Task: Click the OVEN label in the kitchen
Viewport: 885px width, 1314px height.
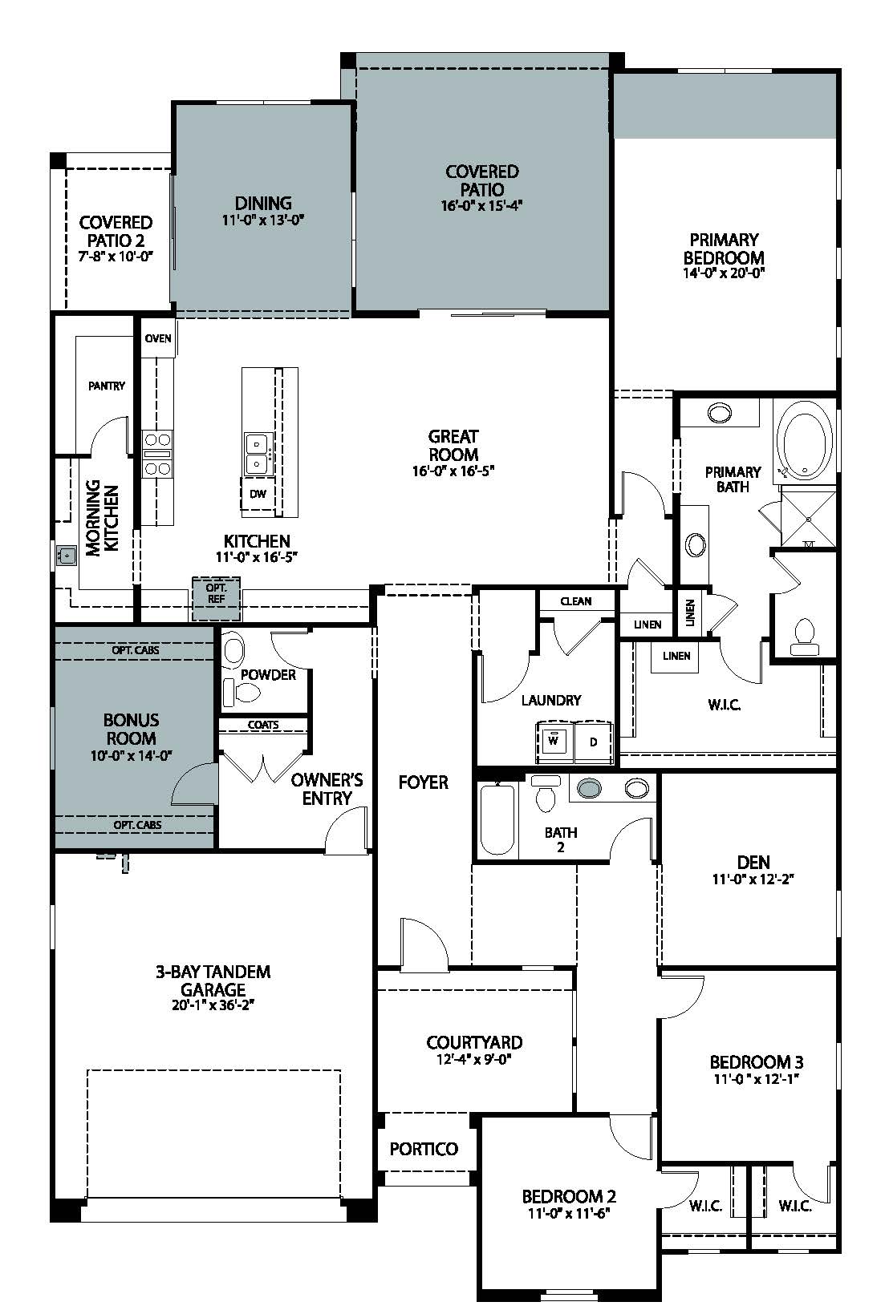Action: tap(158, 338)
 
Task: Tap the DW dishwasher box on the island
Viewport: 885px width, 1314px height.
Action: tap(258, 494)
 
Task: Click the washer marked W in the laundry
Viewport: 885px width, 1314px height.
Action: tap(553, 741)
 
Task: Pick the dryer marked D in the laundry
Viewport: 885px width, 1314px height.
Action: tap(594, 742)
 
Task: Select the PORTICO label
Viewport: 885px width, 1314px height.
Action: tap(424, 1149)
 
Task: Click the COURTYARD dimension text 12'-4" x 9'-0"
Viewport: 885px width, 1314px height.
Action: tap(474, 1059)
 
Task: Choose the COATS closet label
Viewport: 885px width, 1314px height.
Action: tap(263, 725)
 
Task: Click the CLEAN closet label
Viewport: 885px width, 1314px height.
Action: tap(576, 600)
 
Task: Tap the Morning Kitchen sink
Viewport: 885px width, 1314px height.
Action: tap(67, 554)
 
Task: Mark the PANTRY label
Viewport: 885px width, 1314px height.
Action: tap(107, 386)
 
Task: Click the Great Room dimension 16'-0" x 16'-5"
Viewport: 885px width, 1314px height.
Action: tap(453, 471)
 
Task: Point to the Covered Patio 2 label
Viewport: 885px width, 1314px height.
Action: tap(116, 231)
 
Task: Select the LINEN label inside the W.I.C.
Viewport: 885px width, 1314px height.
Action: tap(676, 656)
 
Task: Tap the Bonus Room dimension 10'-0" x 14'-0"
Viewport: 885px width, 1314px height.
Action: tap(131, 755)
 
